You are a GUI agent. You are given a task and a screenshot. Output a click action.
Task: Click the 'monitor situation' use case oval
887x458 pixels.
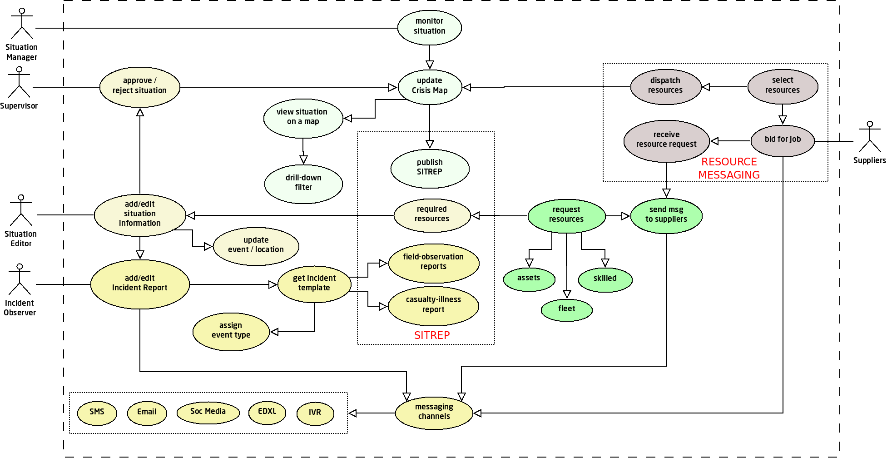point(429,28)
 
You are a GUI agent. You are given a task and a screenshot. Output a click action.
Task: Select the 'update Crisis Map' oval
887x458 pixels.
point(429,87)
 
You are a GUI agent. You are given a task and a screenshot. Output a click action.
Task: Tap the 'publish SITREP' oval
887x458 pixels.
point(430,168)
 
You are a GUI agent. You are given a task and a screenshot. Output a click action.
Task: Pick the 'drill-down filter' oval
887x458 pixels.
point(303,184)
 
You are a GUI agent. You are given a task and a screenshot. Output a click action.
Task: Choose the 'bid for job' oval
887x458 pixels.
point(783,140)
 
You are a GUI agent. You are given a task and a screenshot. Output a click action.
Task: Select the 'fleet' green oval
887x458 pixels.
point(566,310)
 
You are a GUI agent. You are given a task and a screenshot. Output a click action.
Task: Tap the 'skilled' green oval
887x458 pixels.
point(605,279)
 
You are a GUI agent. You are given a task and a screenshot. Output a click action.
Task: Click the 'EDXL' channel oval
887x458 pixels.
point(267,413)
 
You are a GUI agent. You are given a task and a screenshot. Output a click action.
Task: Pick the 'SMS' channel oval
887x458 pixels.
point(97,413)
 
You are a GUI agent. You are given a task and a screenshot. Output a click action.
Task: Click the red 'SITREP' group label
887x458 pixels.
point(431,335)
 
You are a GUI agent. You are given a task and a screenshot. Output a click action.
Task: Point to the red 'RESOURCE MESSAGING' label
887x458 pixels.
point(729,168)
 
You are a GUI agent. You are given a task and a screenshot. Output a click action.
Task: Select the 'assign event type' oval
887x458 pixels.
point(231,331)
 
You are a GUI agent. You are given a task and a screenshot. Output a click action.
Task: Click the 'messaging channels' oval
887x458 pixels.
point(434,413)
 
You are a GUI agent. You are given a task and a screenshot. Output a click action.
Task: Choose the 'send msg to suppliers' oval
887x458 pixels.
point(666,215)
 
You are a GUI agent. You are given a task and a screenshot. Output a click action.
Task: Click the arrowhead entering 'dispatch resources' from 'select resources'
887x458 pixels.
point(706,87)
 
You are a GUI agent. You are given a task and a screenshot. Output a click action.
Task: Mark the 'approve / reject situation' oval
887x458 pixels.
point(139,87)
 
